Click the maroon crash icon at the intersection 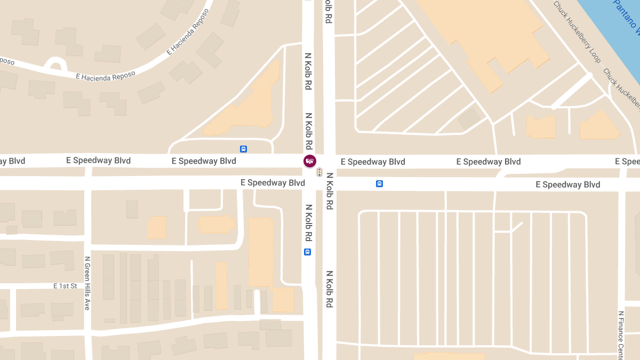(x=309, y=161)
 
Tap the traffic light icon (x=319, y=172)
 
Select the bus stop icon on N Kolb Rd (x=307, y=252)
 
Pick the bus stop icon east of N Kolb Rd (x=379, y=184)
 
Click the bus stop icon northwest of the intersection (x=243, y=149)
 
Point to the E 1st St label (x=65, y=286)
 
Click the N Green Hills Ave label (x=87, y=283)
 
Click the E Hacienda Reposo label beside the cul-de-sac (x=106, y=75)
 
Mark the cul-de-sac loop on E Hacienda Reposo (x=55, y=64)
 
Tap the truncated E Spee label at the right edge (x=627, y=161)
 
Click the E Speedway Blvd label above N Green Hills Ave (x=98, y=161)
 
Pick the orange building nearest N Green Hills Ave (x=157, y=227)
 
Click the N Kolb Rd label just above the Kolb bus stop (x=308, y=222)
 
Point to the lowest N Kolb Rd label (x=329, y=290)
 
